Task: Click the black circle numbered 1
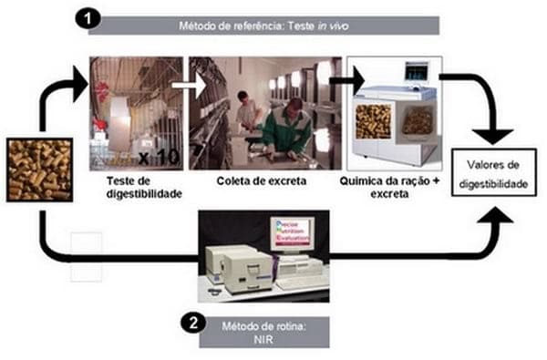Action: point(88,18)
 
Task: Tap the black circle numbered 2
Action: point(193,323)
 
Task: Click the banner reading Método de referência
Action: point(263,26)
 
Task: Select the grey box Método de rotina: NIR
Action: point(264,332)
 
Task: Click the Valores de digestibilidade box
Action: point(493,172)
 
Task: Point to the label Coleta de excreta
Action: point(262,181)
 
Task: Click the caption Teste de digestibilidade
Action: point(144,188)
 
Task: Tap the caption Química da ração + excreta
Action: point(389,188)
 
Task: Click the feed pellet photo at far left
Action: point(40,170)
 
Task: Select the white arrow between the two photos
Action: point(189,85)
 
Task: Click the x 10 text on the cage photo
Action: point(159,158)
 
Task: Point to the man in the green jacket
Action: point(288,129)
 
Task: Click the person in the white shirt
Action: point(248,110)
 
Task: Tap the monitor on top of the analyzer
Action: point(417,71)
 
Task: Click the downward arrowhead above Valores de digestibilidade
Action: point(492,137)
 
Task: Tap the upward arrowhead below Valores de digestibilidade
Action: point(495,214)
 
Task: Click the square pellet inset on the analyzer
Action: point(373,121)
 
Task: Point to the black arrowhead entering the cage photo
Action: point(80,84)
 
